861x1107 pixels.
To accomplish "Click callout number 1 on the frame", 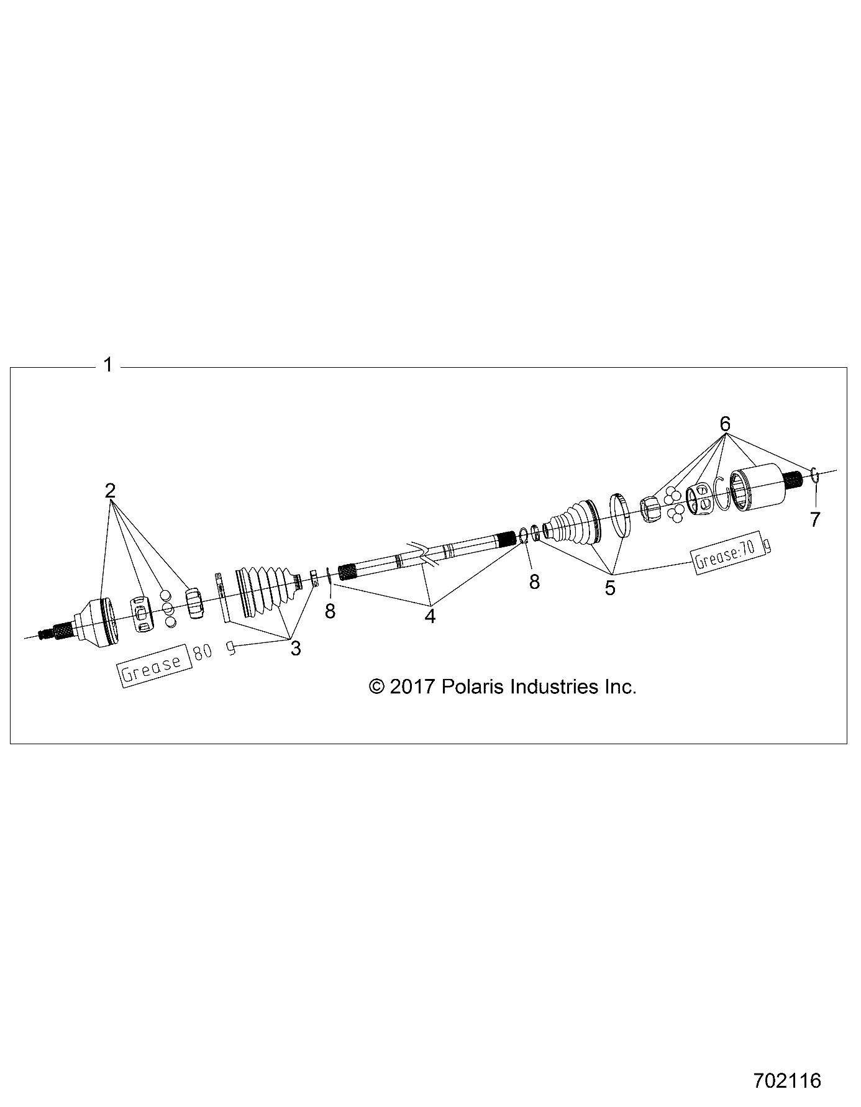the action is tap(108, 365).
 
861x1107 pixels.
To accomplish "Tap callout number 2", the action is tap(110, 491).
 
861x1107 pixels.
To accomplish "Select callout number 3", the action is tap(296, 649).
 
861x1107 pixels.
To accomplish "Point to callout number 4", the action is tap(430, 616).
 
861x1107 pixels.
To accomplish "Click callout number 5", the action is tap(610, 587).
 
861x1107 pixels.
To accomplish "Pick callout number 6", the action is tap(725, 424).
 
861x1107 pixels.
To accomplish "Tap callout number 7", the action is tap(815, 519).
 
